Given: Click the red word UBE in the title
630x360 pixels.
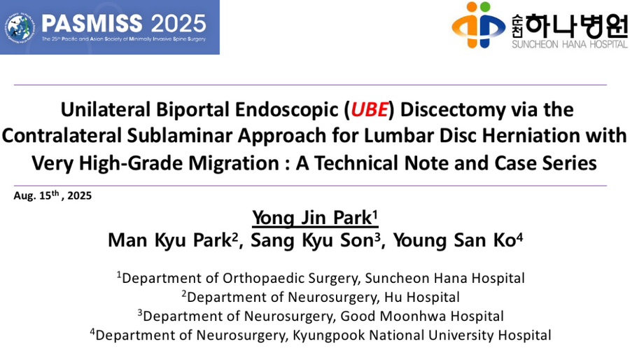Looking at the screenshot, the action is (x=370, y=110).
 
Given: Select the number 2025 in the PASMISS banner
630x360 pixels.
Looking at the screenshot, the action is (x=178, y=24).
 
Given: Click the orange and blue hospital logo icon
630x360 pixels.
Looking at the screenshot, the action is (x=478, y=25).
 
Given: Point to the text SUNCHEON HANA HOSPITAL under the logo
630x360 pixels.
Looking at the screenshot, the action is (x=569, y=44).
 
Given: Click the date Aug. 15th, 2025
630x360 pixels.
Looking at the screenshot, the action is (x=52, y=195).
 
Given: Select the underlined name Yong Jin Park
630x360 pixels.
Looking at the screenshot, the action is (x=315, y=218).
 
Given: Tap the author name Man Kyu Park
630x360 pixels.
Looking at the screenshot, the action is (x=172, y=240).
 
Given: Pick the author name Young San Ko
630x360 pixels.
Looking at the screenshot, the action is (x=458, y=240).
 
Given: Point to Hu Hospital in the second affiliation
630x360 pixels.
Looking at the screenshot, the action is (x=422, y=297).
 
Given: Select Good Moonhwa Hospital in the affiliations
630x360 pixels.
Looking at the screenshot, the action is (x=422, y=316).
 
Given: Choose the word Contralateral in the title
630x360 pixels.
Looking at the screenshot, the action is (x=61, y=136).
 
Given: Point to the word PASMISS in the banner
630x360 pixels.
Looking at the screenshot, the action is (x=92, y=24).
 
